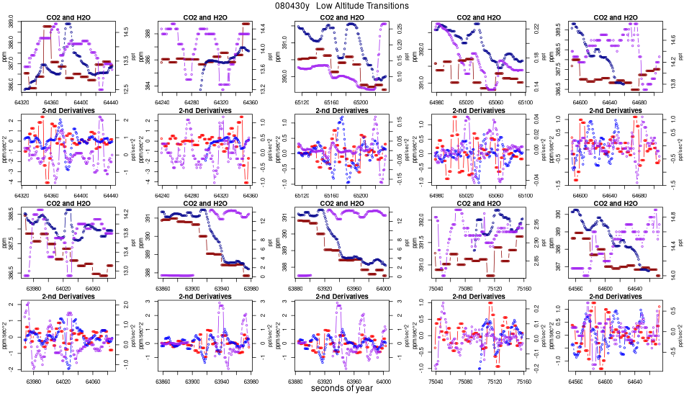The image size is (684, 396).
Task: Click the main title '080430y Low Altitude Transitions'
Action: (342, 6)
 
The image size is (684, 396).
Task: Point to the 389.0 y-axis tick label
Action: (10, 25)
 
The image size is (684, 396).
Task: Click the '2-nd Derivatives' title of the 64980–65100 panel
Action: (478, 111)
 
